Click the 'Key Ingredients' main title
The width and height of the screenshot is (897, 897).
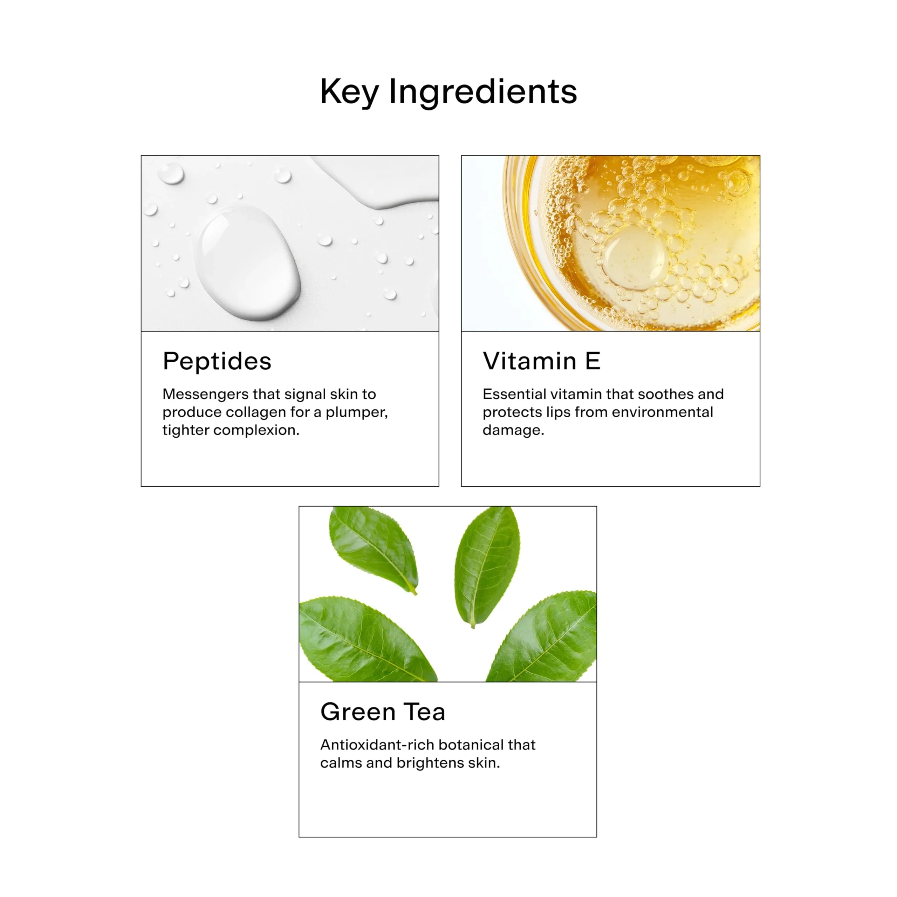click(448, 92)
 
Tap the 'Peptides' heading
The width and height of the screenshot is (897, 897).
click(217, 362)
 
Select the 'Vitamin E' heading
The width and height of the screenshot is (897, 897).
click(541, 361)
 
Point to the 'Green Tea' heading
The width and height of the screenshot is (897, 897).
click(383, 712)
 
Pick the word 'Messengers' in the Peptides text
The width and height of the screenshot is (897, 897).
click(206, 395)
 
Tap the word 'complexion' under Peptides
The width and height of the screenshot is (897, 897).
click(256, 430)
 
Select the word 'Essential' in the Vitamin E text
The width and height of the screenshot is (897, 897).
click(514, 394)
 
